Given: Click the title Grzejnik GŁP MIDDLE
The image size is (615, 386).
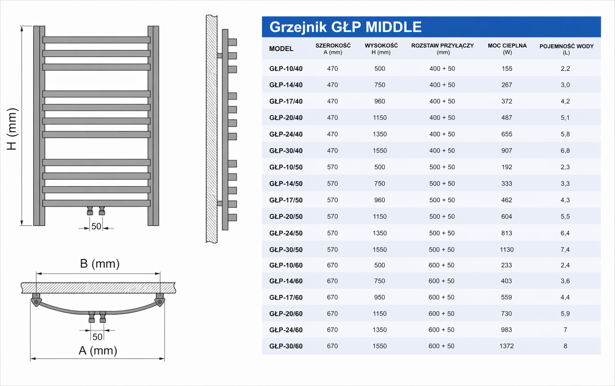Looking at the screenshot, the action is click(x=346, y=27).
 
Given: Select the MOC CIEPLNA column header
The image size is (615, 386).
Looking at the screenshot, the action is click(x=507, y=49).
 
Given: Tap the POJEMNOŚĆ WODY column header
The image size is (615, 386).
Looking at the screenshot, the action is click(x=566, y=49).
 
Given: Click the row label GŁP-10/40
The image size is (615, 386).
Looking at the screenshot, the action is click(x=286, y=68).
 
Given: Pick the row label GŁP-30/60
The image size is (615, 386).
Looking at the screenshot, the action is click(x=286, y=346).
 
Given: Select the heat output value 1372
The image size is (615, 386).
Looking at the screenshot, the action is click(x=507, y=346).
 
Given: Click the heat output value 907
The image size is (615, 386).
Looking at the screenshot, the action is click(x=507, y=151).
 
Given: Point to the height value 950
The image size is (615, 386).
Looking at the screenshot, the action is click(x=380, y=297).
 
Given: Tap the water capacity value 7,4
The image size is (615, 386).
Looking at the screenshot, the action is click(x=565, y=250).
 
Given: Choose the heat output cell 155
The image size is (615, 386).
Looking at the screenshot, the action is click(x=507, y=68).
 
